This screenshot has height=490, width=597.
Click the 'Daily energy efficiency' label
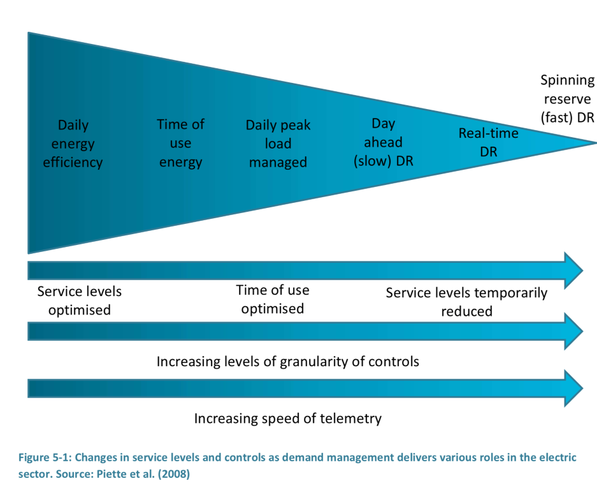(73, 144)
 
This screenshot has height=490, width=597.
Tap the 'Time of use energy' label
(180, 143)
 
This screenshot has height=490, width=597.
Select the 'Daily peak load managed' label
(278, 144)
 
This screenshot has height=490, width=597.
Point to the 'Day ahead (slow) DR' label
(384, 142)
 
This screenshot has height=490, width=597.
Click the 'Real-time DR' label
(489, 142)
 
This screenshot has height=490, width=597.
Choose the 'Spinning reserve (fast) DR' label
(567, 99)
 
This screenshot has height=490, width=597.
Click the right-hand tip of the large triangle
(596, 143)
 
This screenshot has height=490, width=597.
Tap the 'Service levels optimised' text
(79, 301)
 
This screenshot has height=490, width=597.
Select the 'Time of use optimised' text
(273, 299)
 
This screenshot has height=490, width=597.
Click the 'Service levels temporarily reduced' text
(466, 302)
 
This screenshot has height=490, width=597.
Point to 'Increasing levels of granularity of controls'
(288, 362)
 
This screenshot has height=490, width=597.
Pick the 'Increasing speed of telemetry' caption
(288, 419)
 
